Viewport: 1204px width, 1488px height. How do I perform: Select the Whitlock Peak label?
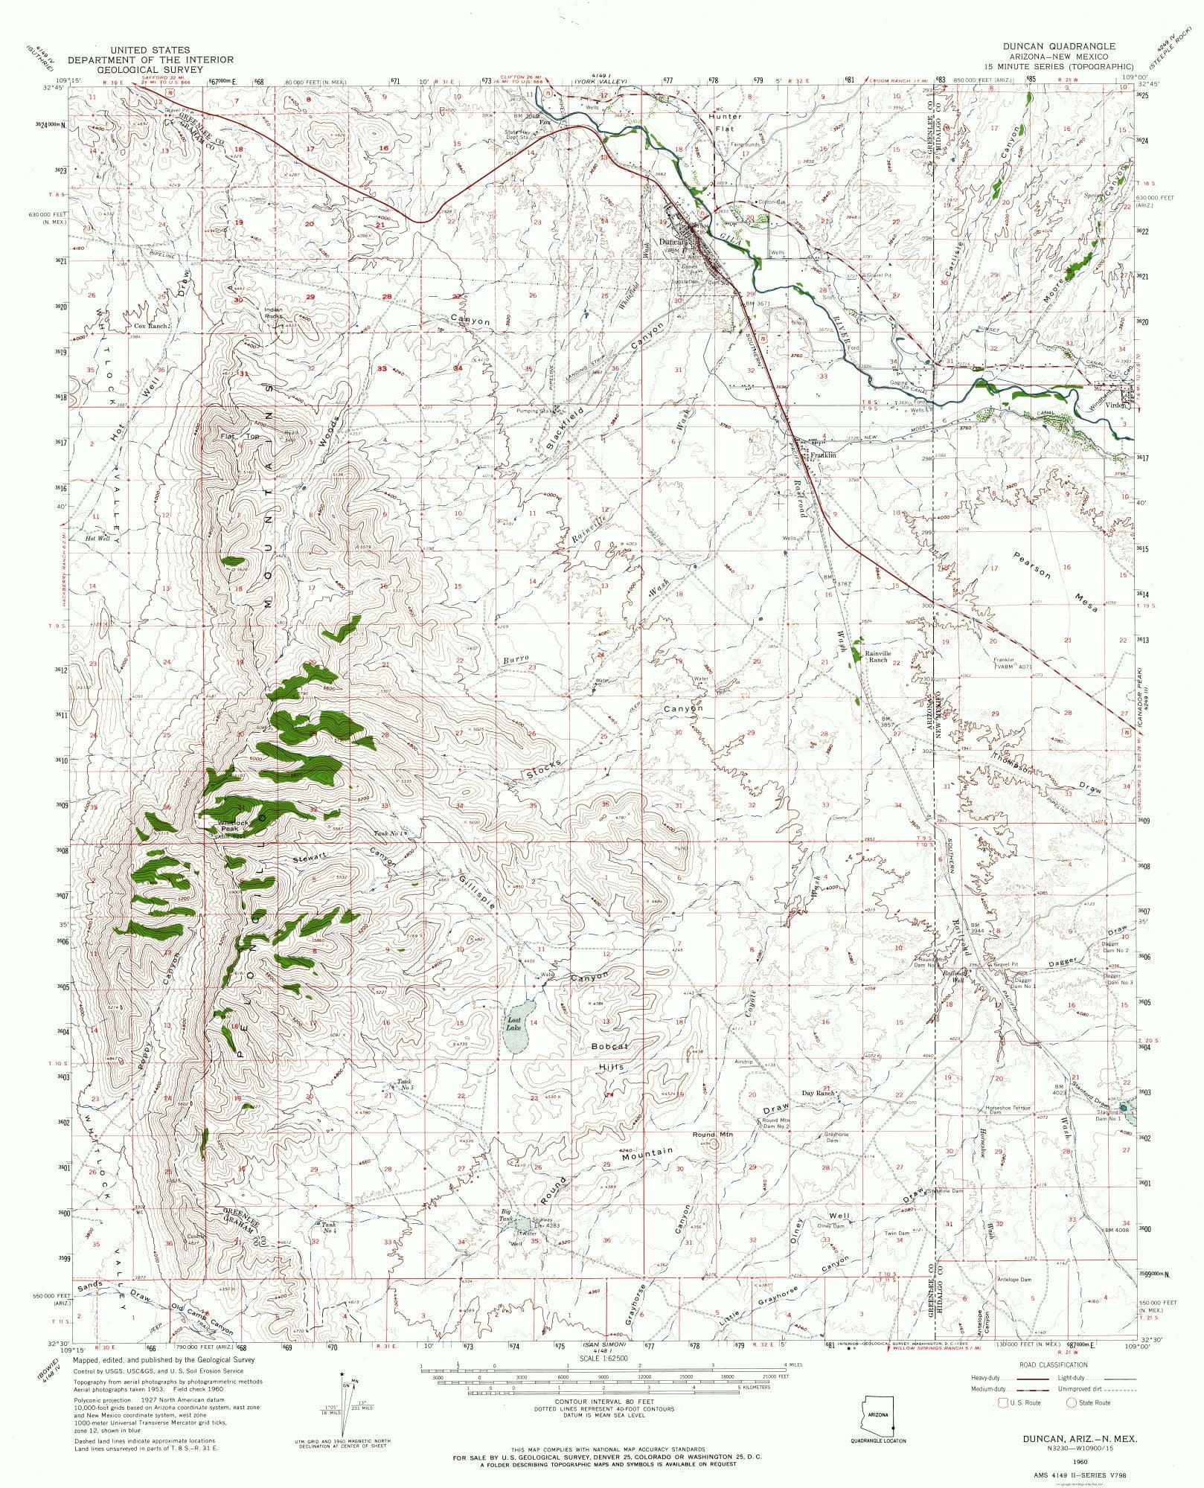pos(228,827)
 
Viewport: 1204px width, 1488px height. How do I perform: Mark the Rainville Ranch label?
pos(877,657)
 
